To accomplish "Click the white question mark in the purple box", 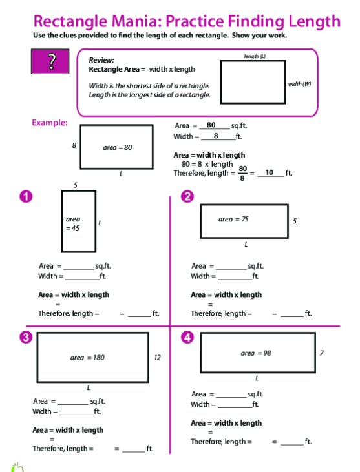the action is pos(52,61).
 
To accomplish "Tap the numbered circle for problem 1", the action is pos(26,196).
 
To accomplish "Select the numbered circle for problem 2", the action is pos(187,196).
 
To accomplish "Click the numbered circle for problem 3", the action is pos(26,337).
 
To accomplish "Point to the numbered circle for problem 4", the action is pos(187,337).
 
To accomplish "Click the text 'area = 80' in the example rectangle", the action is pos(118,147).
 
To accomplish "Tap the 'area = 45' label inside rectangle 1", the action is pos(73,223).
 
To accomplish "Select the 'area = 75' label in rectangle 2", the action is pos(233,219).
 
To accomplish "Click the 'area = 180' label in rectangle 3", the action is pos(87,358).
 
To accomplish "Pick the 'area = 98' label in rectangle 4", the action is pos(256,353).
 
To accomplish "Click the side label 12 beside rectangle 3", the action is pos(157,358).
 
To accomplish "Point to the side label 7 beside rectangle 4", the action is pos(322,353).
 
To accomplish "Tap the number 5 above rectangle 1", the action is pos(76,185).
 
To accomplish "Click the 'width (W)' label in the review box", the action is pos(299,84).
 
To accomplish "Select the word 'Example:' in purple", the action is pos(50,123).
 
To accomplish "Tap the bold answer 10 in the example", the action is pos(270,172).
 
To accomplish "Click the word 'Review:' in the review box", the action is pos(101,60).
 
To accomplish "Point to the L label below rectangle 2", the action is pos(246,245).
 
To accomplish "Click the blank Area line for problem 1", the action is pos(79,269).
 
